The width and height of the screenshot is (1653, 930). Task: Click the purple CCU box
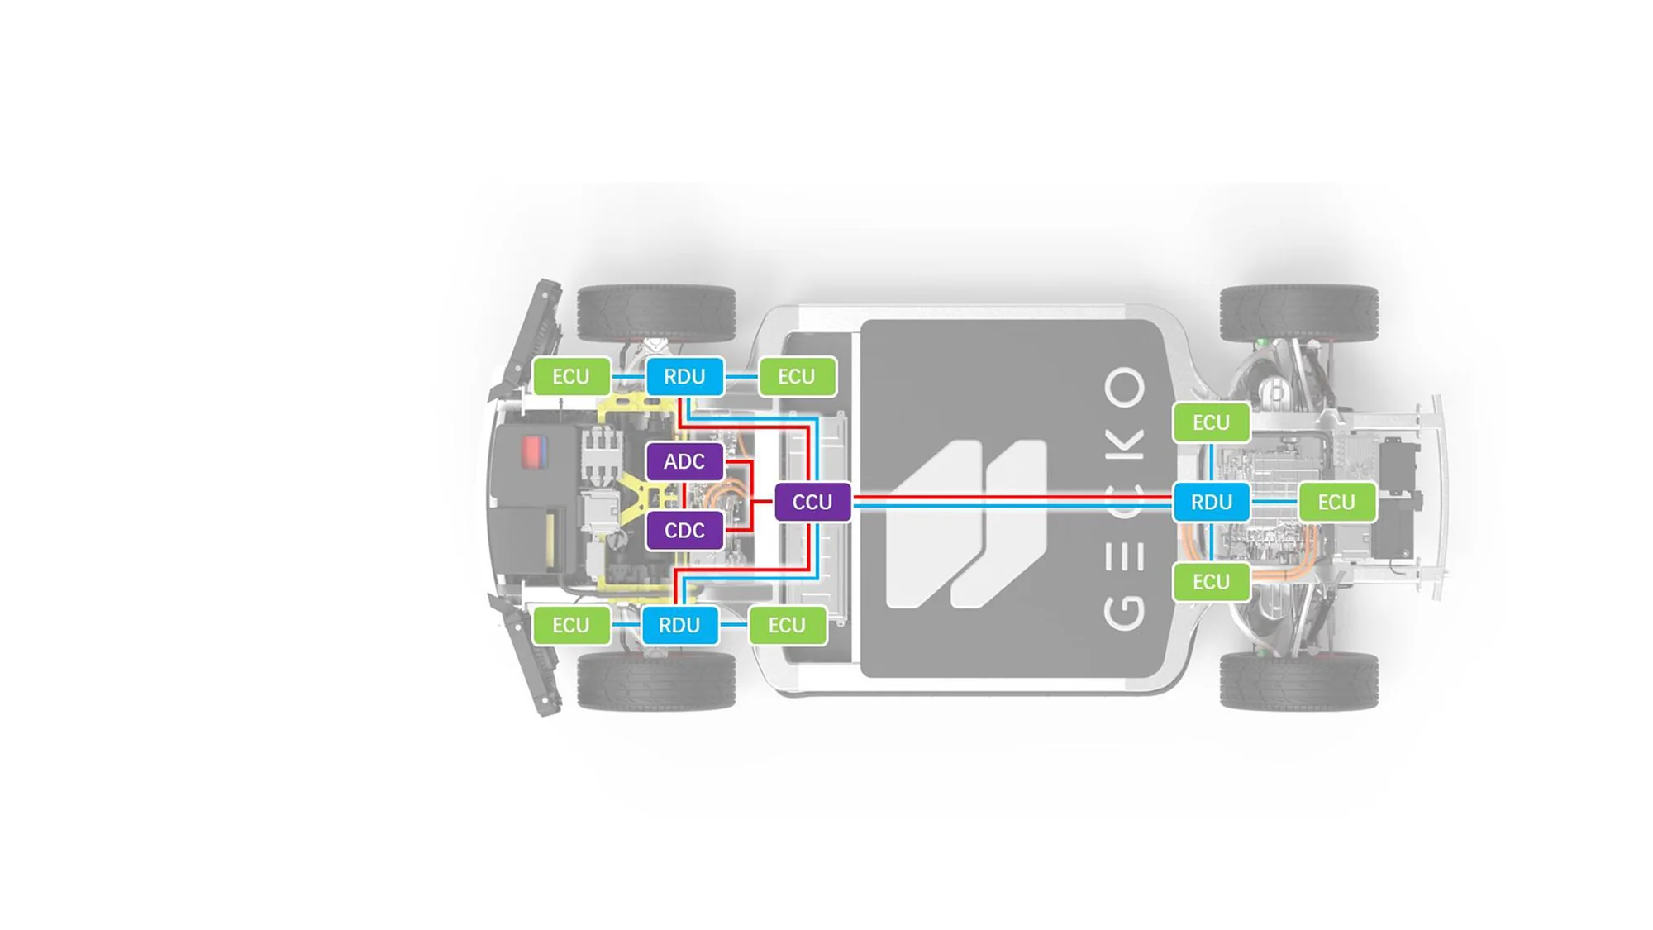pyautogui.click(x=812, y=502)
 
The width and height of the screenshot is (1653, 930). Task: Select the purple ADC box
pyautogui.click(x=684, y=461)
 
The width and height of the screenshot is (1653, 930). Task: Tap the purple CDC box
pyautogui.click(x=684, y=530)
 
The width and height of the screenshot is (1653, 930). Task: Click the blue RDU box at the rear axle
pyautogui.click(x=1211, y=502)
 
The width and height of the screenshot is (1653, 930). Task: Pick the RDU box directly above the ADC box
pyautogui.click(x=684, y=376)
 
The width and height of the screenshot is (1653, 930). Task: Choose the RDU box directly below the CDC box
pyautogui.click(x=679, y=625)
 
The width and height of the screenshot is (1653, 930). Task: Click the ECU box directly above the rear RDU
pyautogui.click(x=1211, y=422)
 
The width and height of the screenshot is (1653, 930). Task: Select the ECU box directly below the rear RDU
pyautogui.click(x=1211, y=582)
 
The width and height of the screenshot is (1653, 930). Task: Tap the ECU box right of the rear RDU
pyautogui.click(x=1336, y=502)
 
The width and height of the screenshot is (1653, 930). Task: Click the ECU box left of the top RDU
pyautogui.click(x=571, y=376)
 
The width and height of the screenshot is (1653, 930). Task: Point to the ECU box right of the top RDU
pyautogui.click(x=797, y=376)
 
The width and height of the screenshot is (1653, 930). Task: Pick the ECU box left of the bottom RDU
pyautogui.click(x=571, y=625)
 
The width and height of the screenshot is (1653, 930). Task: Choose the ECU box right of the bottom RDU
pyautogui.click(x=787, y=625)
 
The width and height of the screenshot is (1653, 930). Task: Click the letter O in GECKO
pyautogui.click(x=1125, y=388)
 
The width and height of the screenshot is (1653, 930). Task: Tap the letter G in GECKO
pyautogui.click(x=1125, y=610)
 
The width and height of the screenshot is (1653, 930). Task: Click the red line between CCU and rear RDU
pyautogui.click(x=1012, y=498)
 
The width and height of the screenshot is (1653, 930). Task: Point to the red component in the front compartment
pyautogui.click(x=532, y=451)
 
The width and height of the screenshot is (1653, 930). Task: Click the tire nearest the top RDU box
pyautogui.click(x=656, y=313)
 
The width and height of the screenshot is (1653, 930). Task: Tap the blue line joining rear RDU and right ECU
pyautogui.click(x=1274, y=502)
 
